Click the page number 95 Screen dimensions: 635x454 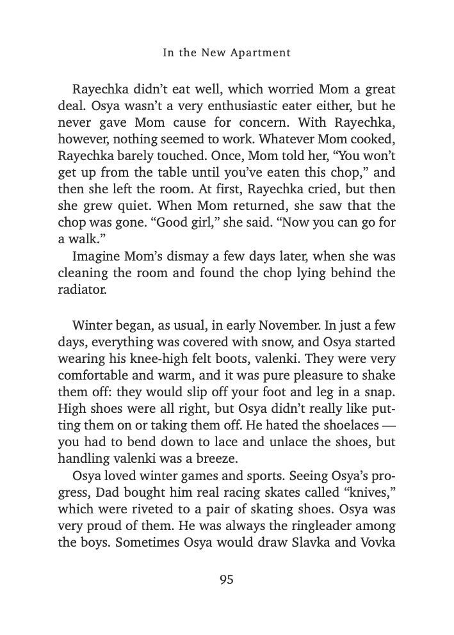coord(227,580)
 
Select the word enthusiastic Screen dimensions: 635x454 coord(229,105)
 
